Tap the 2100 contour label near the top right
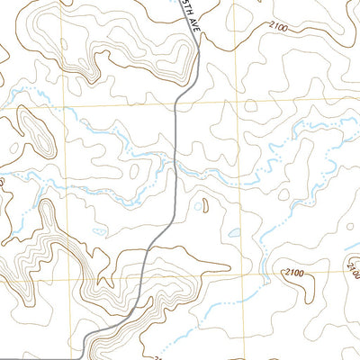tap(278, 29)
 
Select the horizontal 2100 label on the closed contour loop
tap(293, 272)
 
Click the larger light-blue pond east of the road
tap(234, 233)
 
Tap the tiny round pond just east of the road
tap(198, 206)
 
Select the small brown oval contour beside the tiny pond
tap(205, 206)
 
